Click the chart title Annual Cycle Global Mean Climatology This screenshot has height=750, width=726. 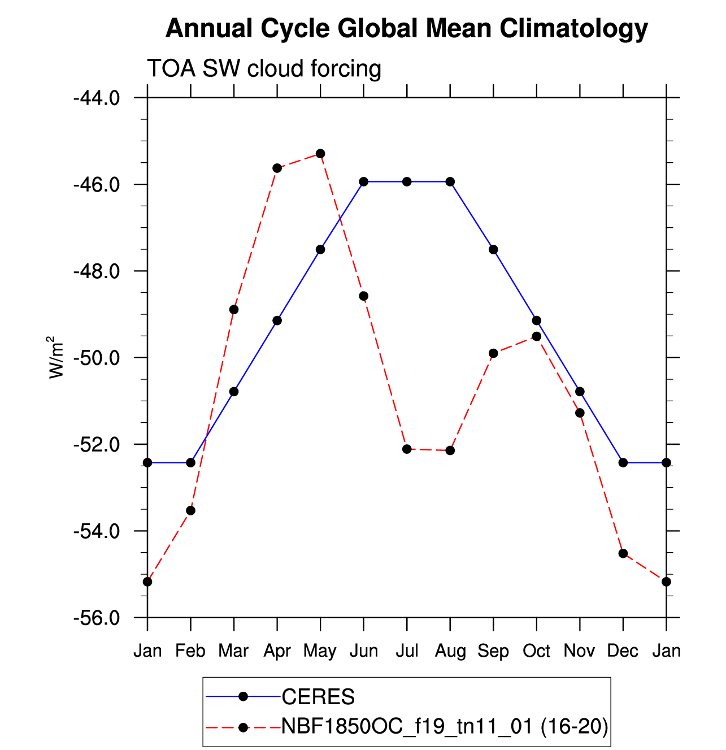[x=406, y=28]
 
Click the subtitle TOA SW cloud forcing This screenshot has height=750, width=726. [x=264, y=69]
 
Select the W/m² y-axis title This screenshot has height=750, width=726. [x=56, y=357]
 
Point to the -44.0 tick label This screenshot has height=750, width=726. [x=97, y=98]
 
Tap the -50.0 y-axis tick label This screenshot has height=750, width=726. [x=97, y=358]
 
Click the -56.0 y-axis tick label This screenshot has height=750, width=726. [x=97, y=618]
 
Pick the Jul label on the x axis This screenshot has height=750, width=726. [x=407, y=651]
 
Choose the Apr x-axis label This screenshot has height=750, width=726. [x=277, y=651]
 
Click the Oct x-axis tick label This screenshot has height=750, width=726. [x=536, y=651]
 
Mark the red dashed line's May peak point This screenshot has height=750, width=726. [x=320, y=154]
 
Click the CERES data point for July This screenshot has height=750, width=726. [x=407, y=181]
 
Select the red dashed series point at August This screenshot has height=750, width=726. [x=450, y=450]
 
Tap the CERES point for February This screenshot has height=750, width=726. [x=190, y=463]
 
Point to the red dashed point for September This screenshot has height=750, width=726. [x=493, y=353]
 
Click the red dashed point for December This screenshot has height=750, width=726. [x=623, y=553]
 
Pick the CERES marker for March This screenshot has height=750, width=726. [x=234, y=392]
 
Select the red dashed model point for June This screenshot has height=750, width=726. [x=364, y=296]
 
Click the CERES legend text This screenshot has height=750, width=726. [x=318, y=697]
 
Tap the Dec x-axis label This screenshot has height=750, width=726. [x=623, y=651]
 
